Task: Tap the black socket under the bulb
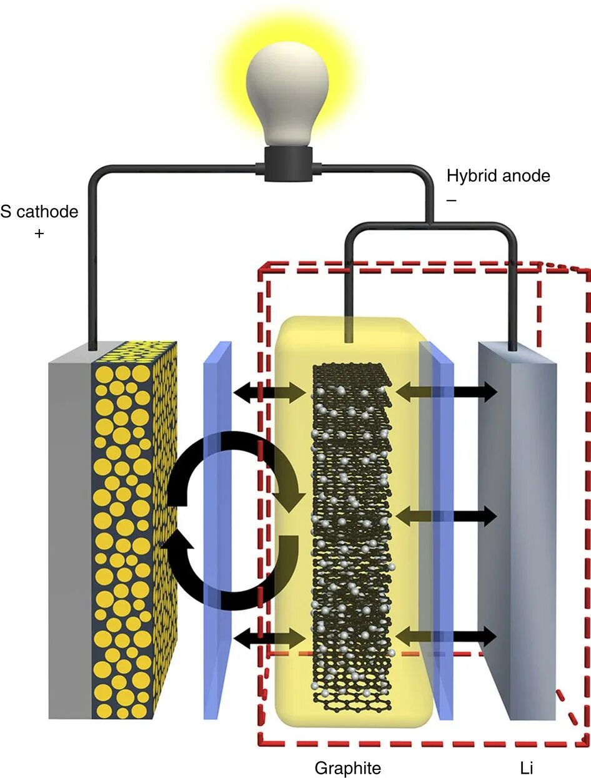287,165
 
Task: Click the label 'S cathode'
39,212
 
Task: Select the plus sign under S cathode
40,235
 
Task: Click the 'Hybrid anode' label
498,176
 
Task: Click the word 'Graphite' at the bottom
347,767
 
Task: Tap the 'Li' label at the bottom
526,767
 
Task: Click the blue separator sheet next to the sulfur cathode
218,531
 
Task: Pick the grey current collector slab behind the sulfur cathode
70,531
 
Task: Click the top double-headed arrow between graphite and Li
446,392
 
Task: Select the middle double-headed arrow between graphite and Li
446,516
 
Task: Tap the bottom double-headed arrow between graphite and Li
446,637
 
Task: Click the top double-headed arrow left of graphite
272,392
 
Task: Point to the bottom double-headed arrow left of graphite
272,637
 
